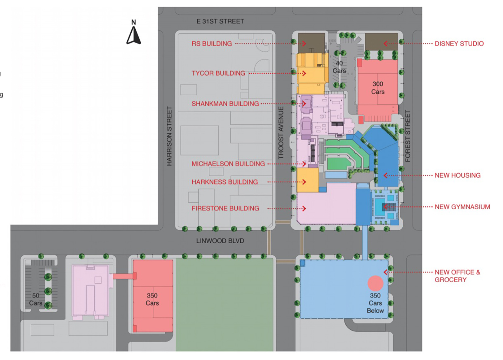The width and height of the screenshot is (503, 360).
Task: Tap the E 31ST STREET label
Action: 220,21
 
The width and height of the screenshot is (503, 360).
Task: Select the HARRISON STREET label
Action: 169,136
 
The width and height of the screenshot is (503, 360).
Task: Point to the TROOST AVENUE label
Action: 281,133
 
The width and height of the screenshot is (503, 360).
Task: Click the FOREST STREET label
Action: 408,136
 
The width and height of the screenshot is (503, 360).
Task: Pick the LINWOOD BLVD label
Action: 220,241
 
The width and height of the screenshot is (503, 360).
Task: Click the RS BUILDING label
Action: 212,44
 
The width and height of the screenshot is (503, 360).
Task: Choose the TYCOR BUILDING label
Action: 218,73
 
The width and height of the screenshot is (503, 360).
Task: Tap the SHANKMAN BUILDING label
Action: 225,104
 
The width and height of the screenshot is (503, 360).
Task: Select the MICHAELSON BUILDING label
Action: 228,164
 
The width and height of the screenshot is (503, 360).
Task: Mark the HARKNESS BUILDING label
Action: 225,182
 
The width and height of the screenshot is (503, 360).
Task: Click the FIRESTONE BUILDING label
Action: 225,208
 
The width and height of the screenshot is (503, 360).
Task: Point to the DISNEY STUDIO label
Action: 459,44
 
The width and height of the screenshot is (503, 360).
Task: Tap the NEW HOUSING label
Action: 457,176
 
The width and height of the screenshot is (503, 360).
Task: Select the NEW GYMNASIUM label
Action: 462,207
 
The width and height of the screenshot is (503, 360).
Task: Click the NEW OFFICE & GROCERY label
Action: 457,276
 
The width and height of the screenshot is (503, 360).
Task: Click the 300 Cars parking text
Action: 378,88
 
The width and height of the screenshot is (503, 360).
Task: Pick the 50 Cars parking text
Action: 36,299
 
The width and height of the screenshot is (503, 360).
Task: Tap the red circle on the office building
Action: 375,283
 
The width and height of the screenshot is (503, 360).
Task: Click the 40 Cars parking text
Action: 339,67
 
